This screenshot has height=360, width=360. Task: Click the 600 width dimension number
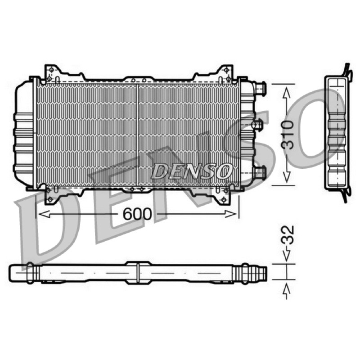[x=137, y=214]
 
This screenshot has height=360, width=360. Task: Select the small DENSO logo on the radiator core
[x=192, y=171]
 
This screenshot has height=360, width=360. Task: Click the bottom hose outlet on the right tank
[x=260, y=172]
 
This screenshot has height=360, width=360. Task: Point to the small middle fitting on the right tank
[x=257, y=125]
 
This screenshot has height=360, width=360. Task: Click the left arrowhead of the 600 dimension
[x=44, y=214]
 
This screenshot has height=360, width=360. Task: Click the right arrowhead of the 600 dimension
[x=230, y=214]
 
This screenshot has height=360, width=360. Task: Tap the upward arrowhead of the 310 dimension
[x=287, y=93]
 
